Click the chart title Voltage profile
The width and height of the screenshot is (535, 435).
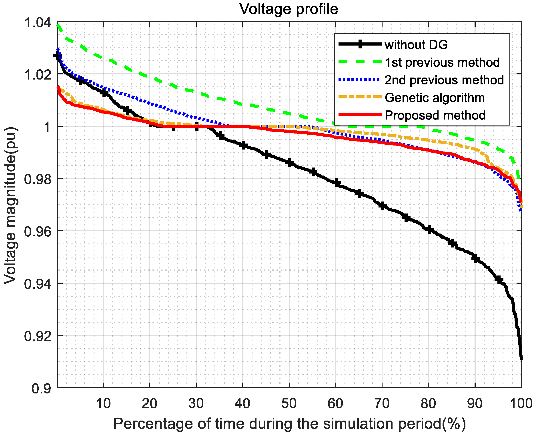(289, 9)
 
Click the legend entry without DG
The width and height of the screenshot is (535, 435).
(416, 45)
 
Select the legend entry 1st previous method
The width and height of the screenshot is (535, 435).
(442, 62)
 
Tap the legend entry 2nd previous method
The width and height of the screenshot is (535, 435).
(444, 80)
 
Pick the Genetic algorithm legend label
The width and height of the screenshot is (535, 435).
(435, 98)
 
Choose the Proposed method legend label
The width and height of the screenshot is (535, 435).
(435, 116)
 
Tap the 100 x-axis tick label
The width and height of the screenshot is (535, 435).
(521, 404)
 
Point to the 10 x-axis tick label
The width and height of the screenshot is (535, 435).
(103, 404)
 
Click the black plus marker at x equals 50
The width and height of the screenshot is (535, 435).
(290, 163)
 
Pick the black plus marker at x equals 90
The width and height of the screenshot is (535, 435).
(475, 259)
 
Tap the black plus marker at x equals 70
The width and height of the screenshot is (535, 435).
(383, 206)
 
